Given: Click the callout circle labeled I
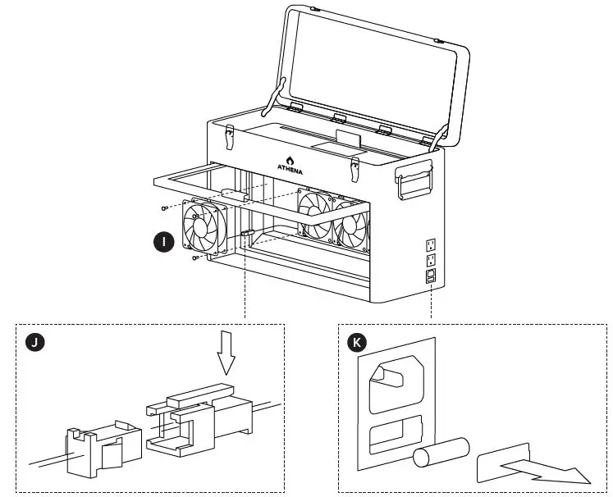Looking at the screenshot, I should pos(165,241).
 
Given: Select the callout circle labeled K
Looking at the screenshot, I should pos(357,342).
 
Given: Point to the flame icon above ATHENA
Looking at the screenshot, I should pos(290,159).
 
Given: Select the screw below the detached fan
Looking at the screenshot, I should pos(194,258).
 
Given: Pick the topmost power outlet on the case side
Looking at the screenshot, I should pos(430,244).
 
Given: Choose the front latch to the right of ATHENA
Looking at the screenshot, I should pos(355,168).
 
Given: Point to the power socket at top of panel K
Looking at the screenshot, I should pos(396,387).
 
